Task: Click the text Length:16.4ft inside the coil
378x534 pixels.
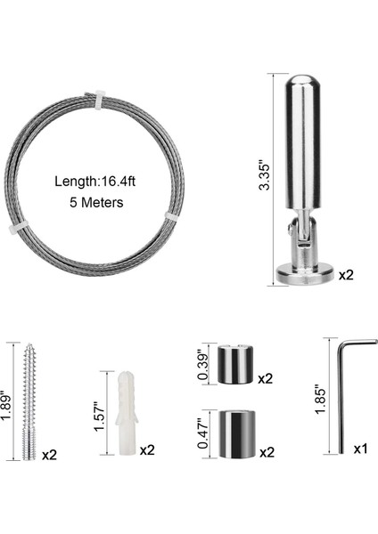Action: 94,182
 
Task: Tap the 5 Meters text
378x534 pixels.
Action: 96,202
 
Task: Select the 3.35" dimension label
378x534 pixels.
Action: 265,177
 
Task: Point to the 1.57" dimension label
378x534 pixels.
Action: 101,417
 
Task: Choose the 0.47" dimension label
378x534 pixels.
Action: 203,434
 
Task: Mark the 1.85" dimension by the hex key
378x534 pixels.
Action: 321,400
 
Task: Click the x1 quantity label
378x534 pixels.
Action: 360,449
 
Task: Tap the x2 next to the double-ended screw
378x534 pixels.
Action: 49,455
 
